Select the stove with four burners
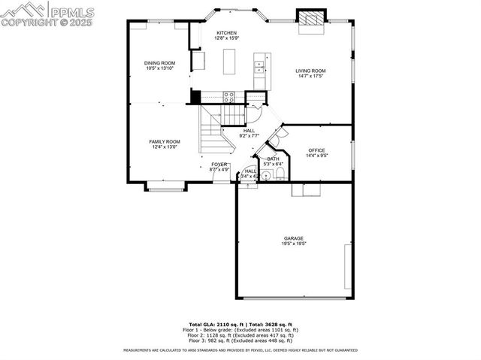229,95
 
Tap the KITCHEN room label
227,33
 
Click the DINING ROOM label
160,63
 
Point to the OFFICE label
316,150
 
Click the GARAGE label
294,238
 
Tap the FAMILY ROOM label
164,141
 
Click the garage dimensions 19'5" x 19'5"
294,244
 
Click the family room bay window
165,186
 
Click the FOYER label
219,164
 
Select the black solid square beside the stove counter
196,96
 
